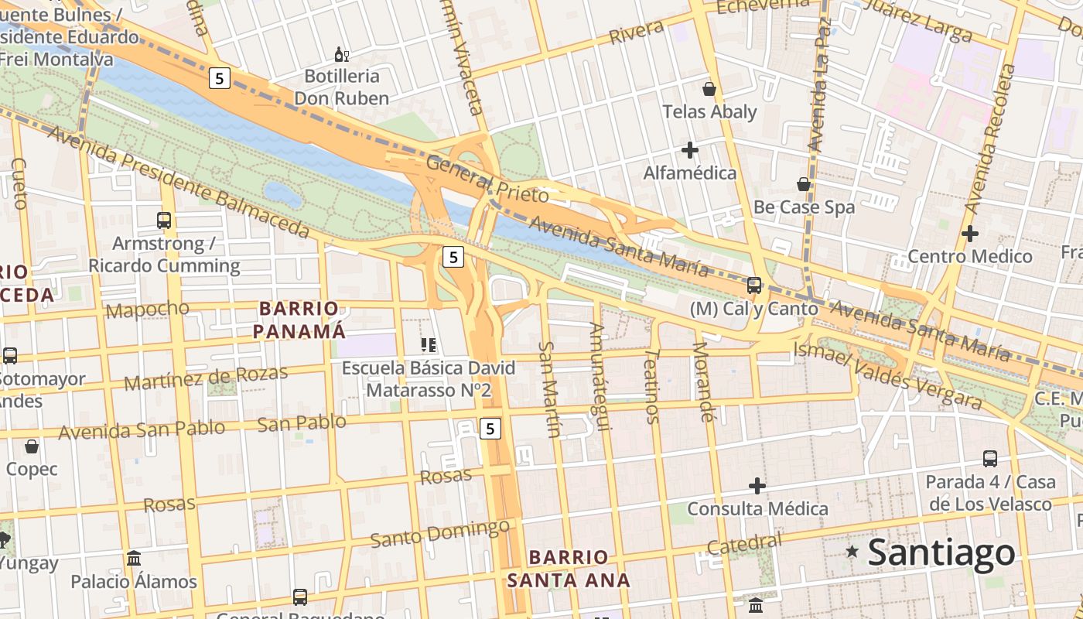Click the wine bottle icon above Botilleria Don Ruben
(341, 54)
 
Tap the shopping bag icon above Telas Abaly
(709, 89)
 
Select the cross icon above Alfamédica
(690, 149)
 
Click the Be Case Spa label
(804, 207)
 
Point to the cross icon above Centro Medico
(970, 233)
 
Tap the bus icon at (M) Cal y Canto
(754, 286)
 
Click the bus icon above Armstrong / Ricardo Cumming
(164, 221)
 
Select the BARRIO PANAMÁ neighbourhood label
(299, 320)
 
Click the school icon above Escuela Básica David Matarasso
(429, 345)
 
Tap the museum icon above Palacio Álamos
(134, 558)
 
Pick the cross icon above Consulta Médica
(757, 486)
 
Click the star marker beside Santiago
(852, 552)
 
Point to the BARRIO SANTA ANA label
(569, 568)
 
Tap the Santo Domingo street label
(439, 534)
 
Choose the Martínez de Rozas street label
(206, 378)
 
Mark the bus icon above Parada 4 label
(990, 459)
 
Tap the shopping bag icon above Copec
(32, 446)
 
